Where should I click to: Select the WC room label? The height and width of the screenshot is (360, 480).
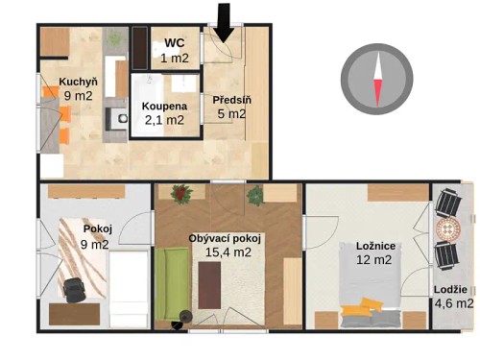pyautogui.click(x=175, y=43)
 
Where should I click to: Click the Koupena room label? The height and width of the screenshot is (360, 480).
pyautogui.click(x=163, y=106)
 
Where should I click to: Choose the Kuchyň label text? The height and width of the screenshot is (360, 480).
pyautogui.click(x=76, y=81)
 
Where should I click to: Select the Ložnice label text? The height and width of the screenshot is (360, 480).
pyautogui.click(x=374, y=246)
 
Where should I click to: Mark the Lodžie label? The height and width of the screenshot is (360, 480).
pyautogui.click(x=450, y=290)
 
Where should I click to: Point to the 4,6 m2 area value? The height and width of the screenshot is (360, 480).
pyautogui.click(x=452, y=304)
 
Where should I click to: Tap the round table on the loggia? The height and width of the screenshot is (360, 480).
pyautogui.click(x=449, y=230)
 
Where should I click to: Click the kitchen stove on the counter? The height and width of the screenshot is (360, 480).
pyautogui.click(x=115, y=119)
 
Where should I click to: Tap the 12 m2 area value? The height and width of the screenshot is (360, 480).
pyautogui.click(x=374, y=260)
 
